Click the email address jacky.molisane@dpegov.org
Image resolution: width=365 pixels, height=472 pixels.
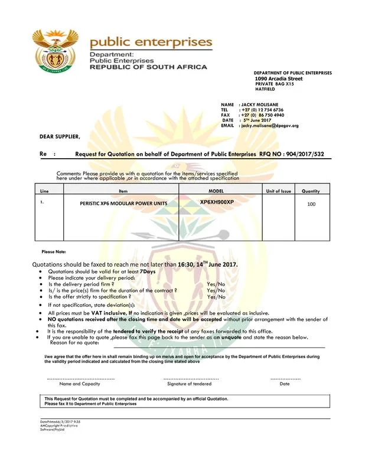(269, 126)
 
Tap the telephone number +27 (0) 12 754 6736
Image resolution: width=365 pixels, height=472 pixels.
(261, 110)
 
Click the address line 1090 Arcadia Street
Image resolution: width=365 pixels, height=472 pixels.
(278, 78)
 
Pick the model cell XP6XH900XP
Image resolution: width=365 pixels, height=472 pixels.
(217, 202)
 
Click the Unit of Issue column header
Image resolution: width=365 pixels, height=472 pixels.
(278, 191)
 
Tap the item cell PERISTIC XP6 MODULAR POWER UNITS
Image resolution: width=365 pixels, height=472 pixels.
(123, 204)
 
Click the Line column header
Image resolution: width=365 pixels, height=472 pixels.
(44, 191)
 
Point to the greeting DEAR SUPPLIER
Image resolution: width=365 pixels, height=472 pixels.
(60, 136)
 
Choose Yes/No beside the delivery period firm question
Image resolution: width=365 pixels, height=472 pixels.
(216, 284)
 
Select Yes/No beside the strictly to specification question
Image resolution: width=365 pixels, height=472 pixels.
(216, 297)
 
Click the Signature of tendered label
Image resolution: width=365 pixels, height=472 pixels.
(189, 383)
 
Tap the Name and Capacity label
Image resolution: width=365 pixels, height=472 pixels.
(80, 383)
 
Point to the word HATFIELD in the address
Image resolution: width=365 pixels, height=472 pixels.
(265, 89)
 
